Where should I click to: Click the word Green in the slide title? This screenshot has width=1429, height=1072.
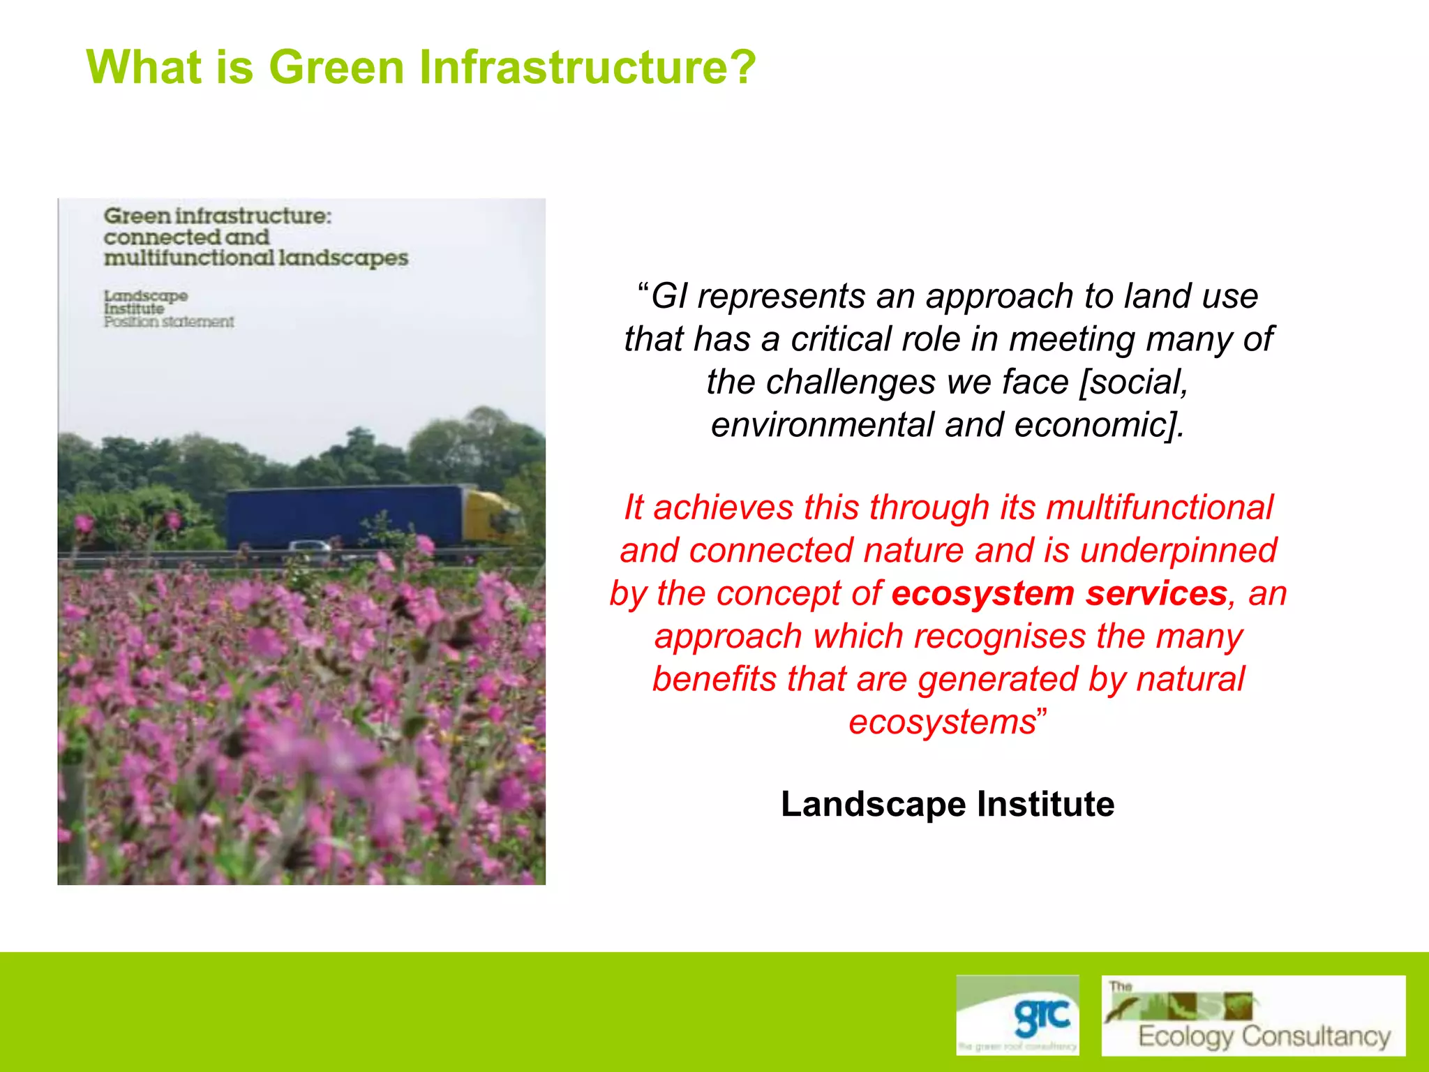coord(336,68)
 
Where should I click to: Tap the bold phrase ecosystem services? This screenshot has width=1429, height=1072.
coord(1058,594)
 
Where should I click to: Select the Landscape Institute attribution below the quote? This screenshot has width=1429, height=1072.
coord(947,804)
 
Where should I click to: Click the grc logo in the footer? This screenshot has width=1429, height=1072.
coord(1017,1014)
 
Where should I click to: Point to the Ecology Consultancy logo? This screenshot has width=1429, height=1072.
coord(1253,1015)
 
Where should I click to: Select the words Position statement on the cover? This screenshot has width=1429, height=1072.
coord(169,322)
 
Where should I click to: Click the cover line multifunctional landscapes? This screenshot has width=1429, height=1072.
coord(255,258)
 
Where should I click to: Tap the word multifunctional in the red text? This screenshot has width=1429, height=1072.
coord(1160,507)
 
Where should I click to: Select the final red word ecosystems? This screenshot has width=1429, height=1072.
coord(942,722)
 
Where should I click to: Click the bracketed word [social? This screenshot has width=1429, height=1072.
coord(1133,382)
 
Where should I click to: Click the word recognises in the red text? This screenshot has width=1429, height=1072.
coord(999,636)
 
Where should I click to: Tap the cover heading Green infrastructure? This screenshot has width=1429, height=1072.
coord(218,216)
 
